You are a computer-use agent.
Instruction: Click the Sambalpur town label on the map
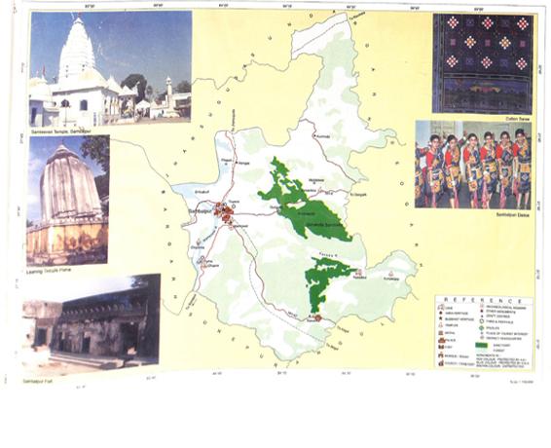(x=201, y=209)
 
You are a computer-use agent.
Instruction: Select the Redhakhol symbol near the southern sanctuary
(x=358, y=273)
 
